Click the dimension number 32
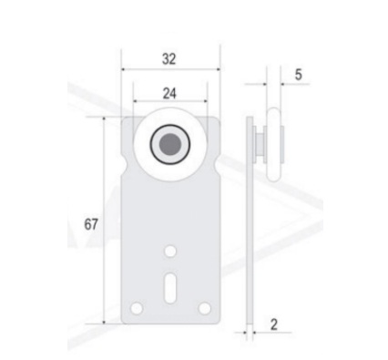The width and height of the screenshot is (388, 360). [x=168, y=59]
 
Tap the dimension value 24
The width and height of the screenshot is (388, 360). [x=169, y=93]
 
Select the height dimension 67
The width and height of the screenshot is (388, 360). [x=91, y=224]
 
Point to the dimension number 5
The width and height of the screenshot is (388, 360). [x=299, y=75]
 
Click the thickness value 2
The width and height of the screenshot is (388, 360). [x=274, y=324]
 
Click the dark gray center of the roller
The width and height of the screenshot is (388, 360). [x=170, y=144]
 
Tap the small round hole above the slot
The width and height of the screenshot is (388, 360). [x=170, y=252]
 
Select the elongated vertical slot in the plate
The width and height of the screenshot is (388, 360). [x=170, y=288]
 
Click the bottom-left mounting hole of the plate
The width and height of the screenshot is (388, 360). [x=137, y=308]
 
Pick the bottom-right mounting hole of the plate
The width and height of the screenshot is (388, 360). [x=205, y=308]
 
